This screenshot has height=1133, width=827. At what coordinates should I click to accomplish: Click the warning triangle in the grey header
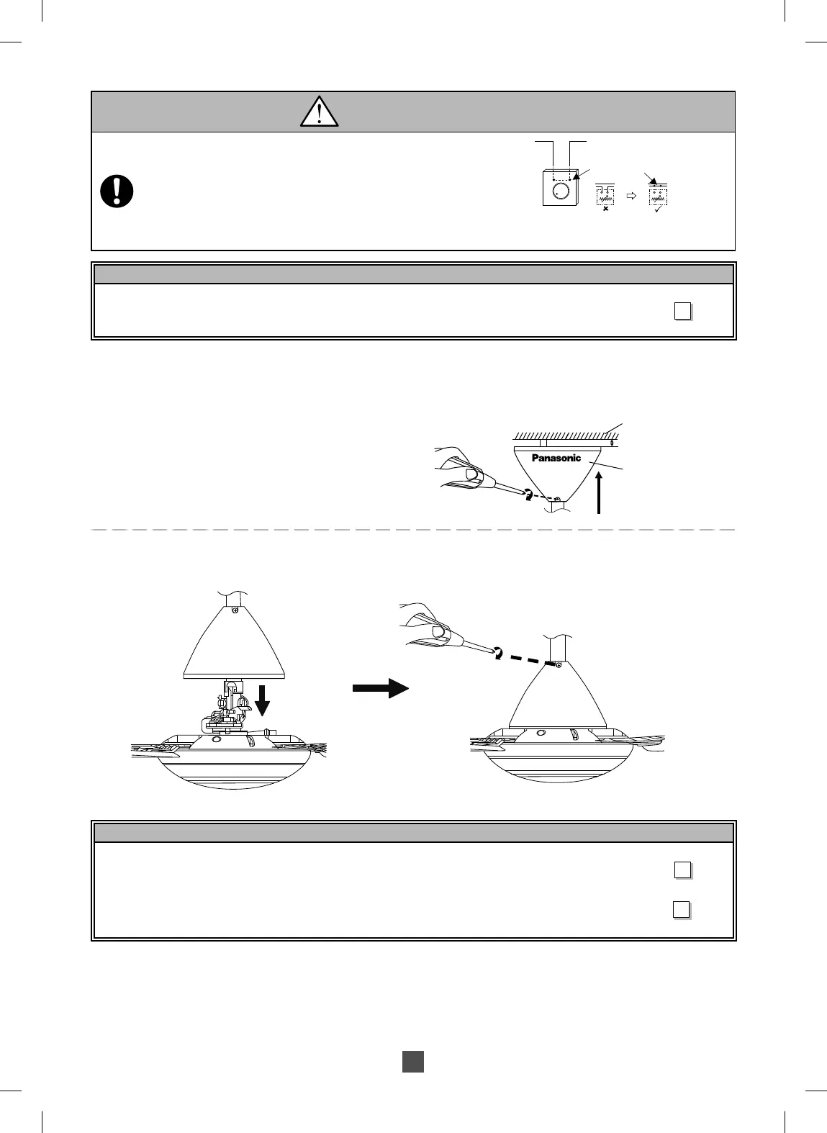click(x=319, y=112)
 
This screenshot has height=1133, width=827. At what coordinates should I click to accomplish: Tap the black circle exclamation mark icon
click(x=117, y=191)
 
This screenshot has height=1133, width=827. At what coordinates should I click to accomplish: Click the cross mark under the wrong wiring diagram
click(x=605, y=209)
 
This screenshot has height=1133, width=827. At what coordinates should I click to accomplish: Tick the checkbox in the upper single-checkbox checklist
click(x=682, y=311)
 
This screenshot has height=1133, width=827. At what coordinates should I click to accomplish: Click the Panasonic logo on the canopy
click(x=556, y=458)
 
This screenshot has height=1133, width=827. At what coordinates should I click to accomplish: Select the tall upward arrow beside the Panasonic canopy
click(x=599, y=492)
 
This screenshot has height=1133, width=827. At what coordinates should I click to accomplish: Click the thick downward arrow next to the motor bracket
click(x=263, y=699)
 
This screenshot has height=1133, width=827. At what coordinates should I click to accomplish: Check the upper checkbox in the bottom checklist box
click(x=682, y=870)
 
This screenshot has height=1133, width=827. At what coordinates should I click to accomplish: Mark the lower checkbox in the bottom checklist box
click(x=682, y=910)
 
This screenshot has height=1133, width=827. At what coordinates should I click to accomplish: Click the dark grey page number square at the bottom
click(x=412, y=1062)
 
